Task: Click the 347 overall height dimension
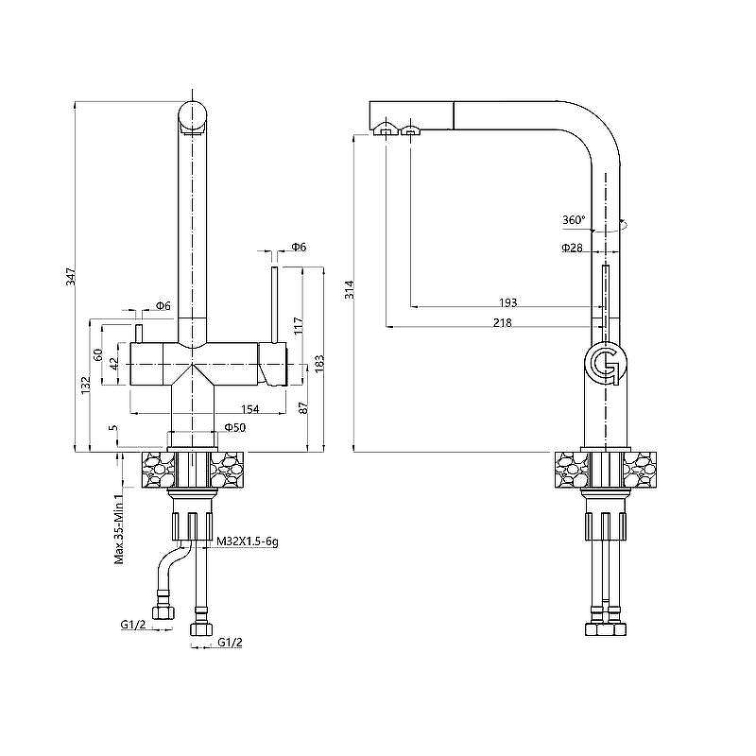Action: click(71, 276)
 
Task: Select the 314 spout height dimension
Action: click(350, 290)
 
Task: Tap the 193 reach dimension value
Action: click(507, 302)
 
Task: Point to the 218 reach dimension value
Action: click(503, 322)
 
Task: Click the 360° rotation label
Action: click(574, 220)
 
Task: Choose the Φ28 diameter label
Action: click(572, 248)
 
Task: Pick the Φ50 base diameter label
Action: click(235, 427)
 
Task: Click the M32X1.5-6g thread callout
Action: click(248, 541)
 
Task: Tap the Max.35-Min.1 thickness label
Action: click(119, 526)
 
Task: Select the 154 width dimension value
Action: click(249, 409)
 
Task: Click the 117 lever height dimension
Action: click(298, 326)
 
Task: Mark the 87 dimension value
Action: click(302, 407)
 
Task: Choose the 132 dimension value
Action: click(85, 386)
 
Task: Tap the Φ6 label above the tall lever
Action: click(299, 247)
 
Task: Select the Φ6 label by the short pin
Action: click(163, 305)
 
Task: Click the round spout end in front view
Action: click(193, 116)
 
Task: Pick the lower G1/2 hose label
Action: click(230, 643)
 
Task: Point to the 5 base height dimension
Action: click(113, 428)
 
